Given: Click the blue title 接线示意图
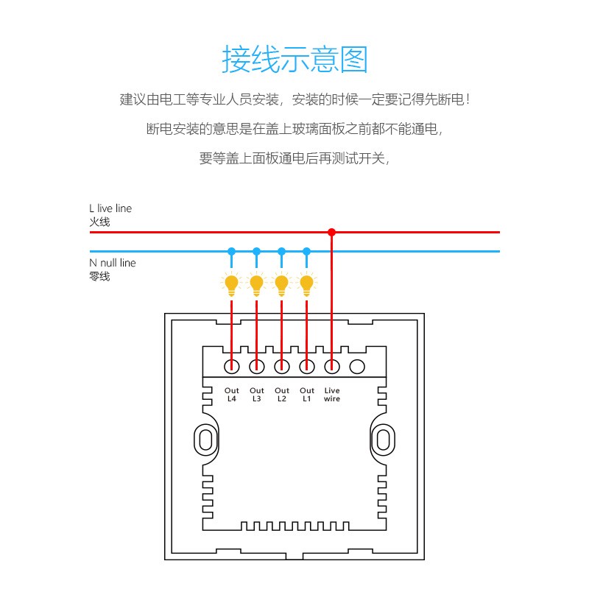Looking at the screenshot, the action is (x=294, y=59).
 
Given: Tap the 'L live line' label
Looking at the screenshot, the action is (x=110, y=208).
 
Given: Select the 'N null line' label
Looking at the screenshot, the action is (x=113, y=263).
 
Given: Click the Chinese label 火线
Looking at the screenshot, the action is (x=99, y=222).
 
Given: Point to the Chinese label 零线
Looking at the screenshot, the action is (x=99, y=277).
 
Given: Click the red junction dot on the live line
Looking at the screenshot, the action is (x=331, y=232).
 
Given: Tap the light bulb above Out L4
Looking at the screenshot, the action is (x=231, y=284).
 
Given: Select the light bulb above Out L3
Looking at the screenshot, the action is (x=256, y=284).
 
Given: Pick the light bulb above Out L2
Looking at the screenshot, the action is (x=282, y=284).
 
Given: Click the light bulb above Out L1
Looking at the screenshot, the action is (x=306, y=284).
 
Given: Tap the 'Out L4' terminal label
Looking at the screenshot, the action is (x=232, y=395).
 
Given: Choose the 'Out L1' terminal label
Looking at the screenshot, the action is (x=307, y=395).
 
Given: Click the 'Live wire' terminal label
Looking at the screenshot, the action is (x=332, y=395).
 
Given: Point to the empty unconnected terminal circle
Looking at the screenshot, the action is (x=357, y=366).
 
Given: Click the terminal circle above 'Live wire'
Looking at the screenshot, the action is (x=332, y=366).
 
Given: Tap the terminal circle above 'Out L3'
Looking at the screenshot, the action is (x=256, y=366).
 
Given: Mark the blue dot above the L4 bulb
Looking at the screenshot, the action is (x=231, y=251).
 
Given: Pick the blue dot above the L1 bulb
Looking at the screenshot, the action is (x=306, y=251).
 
